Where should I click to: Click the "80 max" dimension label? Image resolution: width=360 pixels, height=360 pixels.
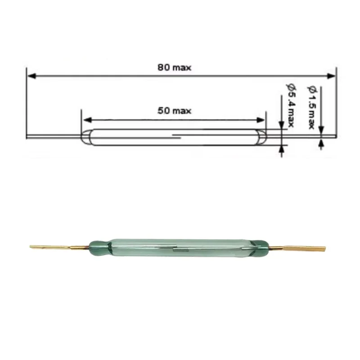(174, 67)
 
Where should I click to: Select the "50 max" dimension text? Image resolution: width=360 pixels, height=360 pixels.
(174, 111)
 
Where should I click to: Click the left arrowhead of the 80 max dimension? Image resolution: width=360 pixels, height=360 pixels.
(31, 76)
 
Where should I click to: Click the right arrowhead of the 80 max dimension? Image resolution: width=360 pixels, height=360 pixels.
(332, 76)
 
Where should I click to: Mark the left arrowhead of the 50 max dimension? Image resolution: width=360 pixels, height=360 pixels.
(87, 120)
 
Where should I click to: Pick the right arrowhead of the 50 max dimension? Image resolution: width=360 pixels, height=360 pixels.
(260, 120)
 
